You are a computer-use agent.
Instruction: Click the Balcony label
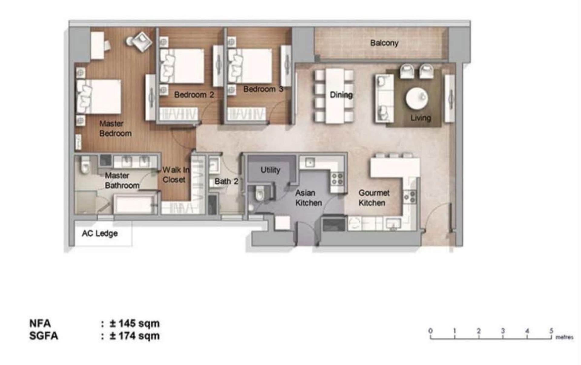(384, 43)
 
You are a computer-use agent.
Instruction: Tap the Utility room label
(270, 170)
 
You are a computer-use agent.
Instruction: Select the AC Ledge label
(100, 234)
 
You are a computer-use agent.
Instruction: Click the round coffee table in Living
(417, 98)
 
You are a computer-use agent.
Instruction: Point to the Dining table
(335, 96)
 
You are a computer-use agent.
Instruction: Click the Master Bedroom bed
(99, 97)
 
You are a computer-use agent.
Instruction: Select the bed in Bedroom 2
(182, 66)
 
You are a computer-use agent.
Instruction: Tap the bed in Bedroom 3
(250, 66)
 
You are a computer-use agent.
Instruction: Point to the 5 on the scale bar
(551, 331)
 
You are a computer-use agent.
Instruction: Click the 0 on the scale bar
(430, 331)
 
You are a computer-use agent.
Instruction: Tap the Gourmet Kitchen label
(374, 198)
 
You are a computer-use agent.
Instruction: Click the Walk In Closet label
(176, 175)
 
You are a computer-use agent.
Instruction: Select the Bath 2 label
(226, 181)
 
